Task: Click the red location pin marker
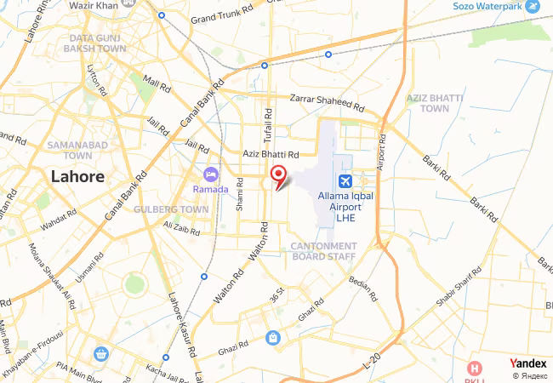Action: point(278,176)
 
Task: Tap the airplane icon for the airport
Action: point(345,180)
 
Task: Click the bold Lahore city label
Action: point(77,177)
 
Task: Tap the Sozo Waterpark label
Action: point(487,6)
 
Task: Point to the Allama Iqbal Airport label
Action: point(345,207)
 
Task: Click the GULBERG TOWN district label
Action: point(171,209)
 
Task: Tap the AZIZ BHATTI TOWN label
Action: point(435,103)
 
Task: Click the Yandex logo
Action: point(528,363)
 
